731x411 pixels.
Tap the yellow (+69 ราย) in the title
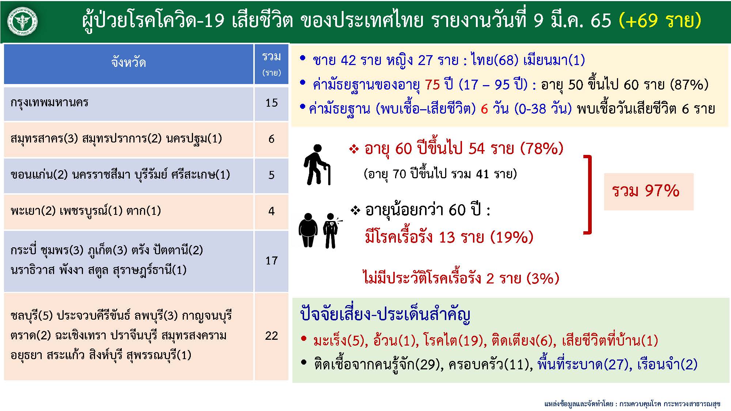click(x=660, y=20)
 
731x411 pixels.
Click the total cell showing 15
click(x=272, y=103)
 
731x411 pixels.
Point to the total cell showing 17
click(x=272, y=261)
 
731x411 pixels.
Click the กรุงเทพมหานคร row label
click(x=49, y=103)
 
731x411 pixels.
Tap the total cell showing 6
click(x=272, y=139)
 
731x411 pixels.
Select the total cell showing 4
click(x=272, y=212)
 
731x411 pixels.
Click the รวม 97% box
click(x=648, y=191)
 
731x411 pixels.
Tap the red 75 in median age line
click(x=432, y=85)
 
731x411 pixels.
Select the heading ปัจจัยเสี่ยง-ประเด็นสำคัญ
click(x=385, y=315)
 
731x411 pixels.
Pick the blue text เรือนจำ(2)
click(x=667, y=364)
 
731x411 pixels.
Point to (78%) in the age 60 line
click(x=542, y=149)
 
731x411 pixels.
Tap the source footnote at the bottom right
click(x=632, y=404)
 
